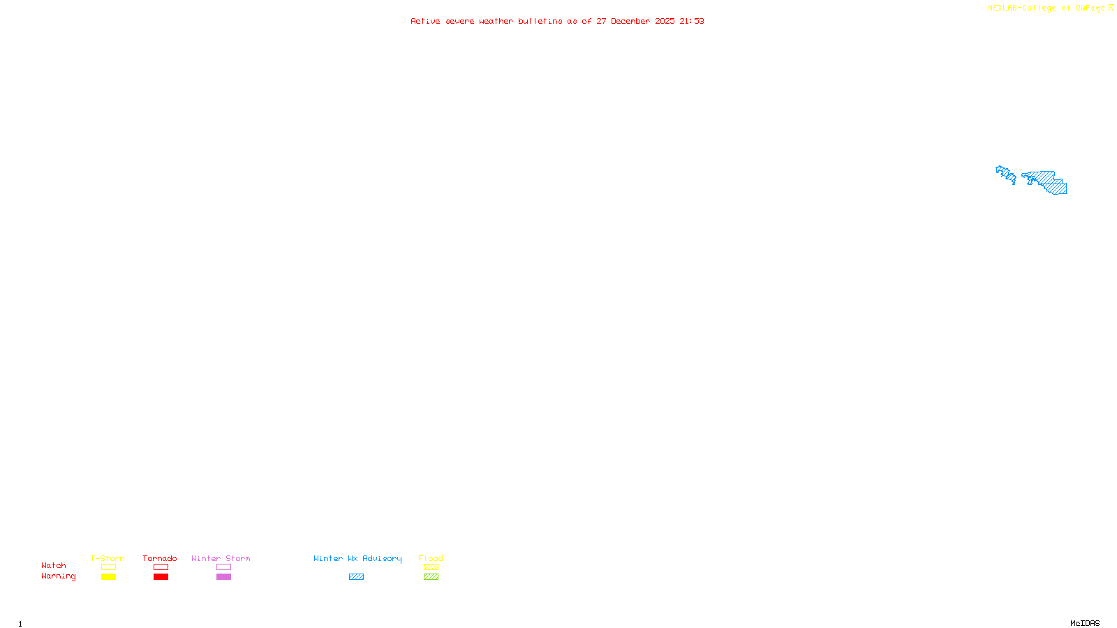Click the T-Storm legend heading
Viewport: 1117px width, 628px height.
pos(108,558)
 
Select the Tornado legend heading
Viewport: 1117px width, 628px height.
pos(160,558)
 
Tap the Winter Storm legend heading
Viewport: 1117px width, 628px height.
pos(221,558)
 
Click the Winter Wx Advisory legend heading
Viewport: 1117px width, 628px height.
pos(357,558)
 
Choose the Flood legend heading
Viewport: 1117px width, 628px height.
pos(431,558)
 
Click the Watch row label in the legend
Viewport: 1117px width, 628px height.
pos(54,565)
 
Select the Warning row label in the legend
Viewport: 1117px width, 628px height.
pos(59,576)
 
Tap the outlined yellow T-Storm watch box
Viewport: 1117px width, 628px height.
pos(108,567)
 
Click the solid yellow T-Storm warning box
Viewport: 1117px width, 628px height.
pos(108,577)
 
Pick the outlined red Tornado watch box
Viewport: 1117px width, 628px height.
pos(161,567)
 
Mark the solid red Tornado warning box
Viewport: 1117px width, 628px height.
pos(161,577)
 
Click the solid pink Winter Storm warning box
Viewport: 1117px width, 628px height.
pos(223,577)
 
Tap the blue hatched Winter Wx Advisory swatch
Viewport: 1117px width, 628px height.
pos(356,577)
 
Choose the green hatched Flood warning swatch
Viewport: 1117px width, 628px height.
pos(431,577)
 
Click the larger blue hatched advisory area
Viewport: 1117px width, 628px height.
pos(1047,181)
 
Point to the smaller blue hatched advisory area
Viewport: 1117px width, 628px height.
pos(1006,174)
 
